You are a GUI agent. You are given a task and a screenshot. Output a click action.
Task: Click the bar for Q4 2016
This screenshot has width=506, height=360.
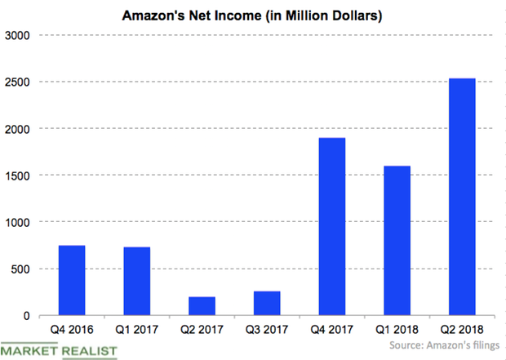pos(72,280)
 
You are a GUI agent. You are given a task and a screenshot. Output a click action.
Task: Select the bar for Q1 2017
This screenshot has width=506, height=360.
pos(137,281)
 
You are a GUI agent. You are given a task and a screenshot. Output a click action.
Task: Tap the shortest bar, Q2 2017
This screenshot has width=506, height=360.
pos(202,306)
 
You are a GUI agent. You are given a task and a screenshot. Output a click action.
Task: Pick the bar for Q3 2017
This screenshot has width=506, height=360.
pos(267,304)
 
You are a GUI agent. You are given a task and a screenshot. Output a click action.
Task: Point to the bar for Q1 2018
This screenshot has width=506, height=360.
pos(397,241)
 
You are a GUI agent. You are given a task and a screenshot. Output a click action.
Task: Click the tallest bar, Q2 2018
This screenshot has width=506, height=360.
pos(461,197)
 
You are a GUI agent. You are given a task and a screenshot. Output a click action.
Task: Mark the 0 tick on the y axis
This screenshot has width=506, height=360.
pos(26,316)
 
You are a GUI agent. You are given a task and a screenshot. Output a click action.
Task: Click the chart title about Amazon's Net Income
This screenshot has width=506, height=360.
pos(253,15)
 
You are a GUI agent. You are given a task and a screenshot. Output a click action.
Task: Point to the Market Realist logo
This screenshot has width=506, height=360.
pos(60,350)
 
